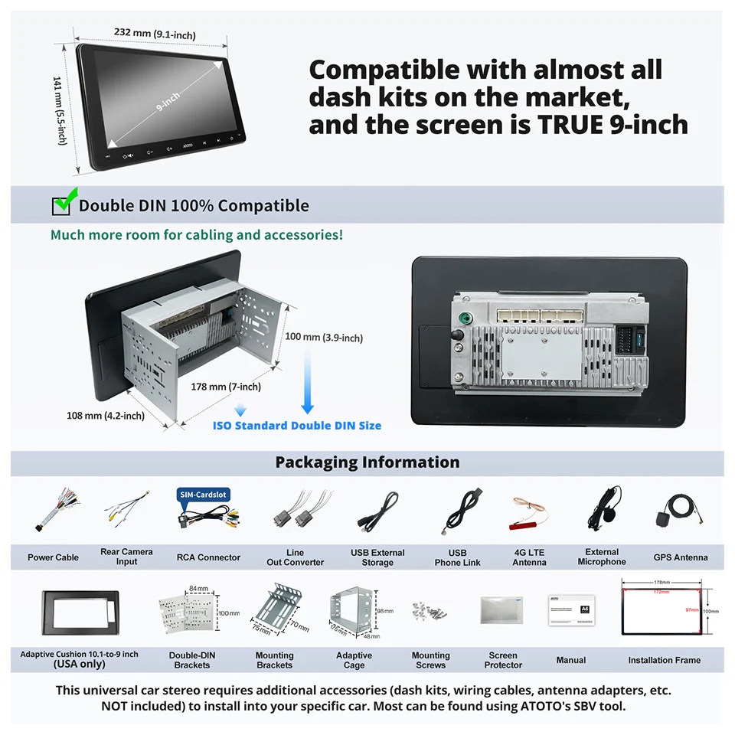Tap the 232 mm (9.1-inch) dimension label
(155, 33)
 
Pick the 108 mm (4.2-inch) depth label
(105, 416)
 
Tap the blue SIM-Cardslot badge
(203, 495)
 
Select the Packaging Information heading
(367, 462)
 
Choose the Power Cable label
(53, 557)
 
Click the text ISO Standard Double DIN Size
(297, 425)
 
